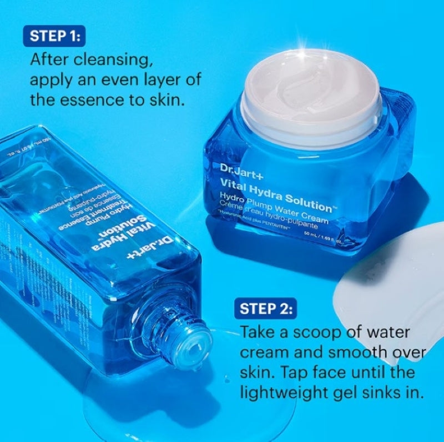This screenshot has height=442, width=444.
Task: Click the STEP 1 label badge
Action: point(55,37)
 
